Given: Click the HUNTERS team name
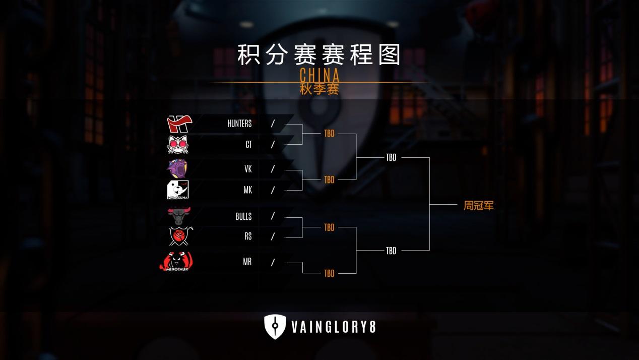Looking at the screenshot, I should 239,124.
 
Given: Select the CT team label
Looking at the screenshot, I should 248,145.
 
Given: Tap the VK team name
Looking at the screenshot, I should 247,169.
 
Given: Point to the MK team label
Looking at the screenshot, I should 247,190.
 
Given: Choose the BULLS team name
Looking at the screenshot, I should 243,216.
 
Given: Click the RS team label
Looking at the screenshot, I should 247,236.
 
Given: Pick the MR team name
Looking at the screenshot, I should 247,262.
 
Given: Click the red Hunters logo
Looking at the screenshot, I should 179,124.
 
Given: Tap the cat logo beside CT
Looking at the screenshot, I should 178,145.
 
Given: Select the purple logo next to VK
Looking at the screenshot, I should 177,168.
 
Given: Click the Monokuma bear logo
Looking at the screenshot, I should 177,190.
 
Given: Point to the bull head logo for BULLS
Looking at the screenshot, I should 178,216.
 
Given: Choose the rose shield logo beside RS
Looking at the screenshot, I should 178,236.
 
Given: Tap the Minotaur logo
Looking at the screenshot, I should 176,261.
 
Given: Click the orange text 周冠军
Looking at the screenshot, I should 478,206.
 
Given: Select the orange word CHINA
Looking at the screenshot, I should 319,76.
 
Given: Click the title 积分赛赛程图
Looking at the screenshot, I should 319,54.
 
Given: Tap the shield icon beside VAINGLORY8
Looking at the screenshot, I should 275,327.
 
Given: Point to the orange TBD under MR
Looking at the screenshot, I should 329,273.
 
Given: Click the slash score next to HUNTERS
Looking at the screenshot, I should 273,124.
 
